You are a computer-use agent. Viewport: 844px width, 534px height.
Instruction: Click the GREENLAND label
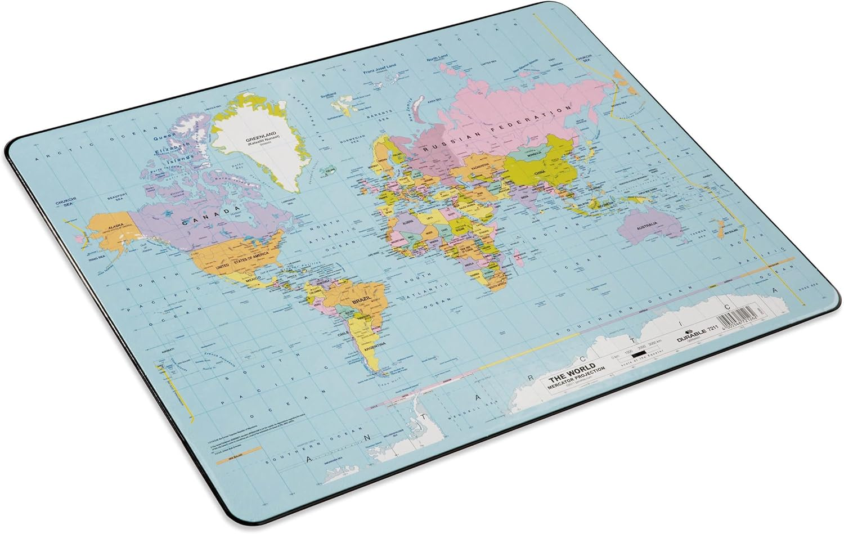click(x=259, y=138)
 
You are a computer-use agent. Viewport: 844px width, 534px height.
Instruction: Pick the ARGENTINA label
click(x=376, y=344)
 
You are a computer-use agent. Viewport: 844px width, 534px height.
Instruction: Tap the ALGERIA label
click(x=409, y=221)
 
